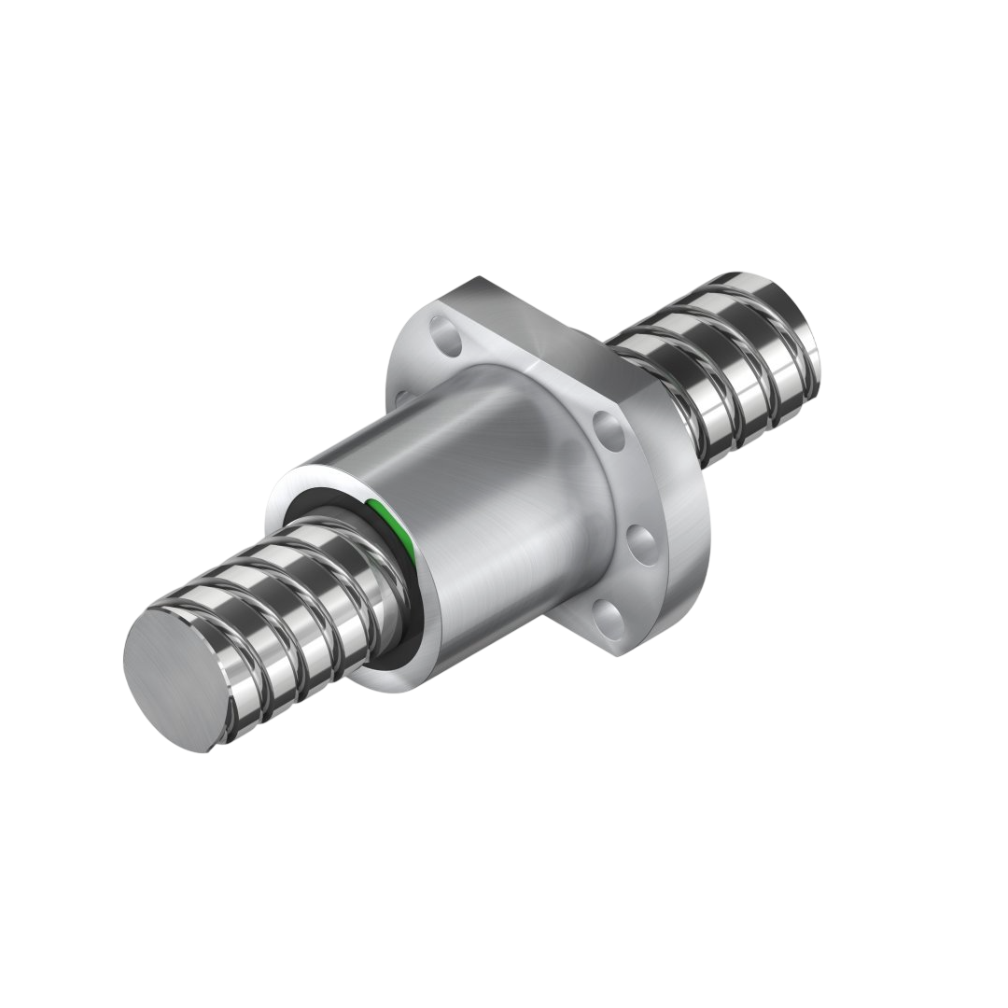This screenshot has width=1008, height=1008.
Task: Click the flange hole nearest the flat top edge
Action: [x=446, y=337]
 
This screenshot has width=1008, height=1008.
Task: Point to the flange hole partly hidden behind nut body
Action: [x=402, y=399]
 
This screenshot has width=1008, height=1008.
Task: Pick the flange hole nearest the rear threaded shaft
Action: [x=609, y=432]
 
